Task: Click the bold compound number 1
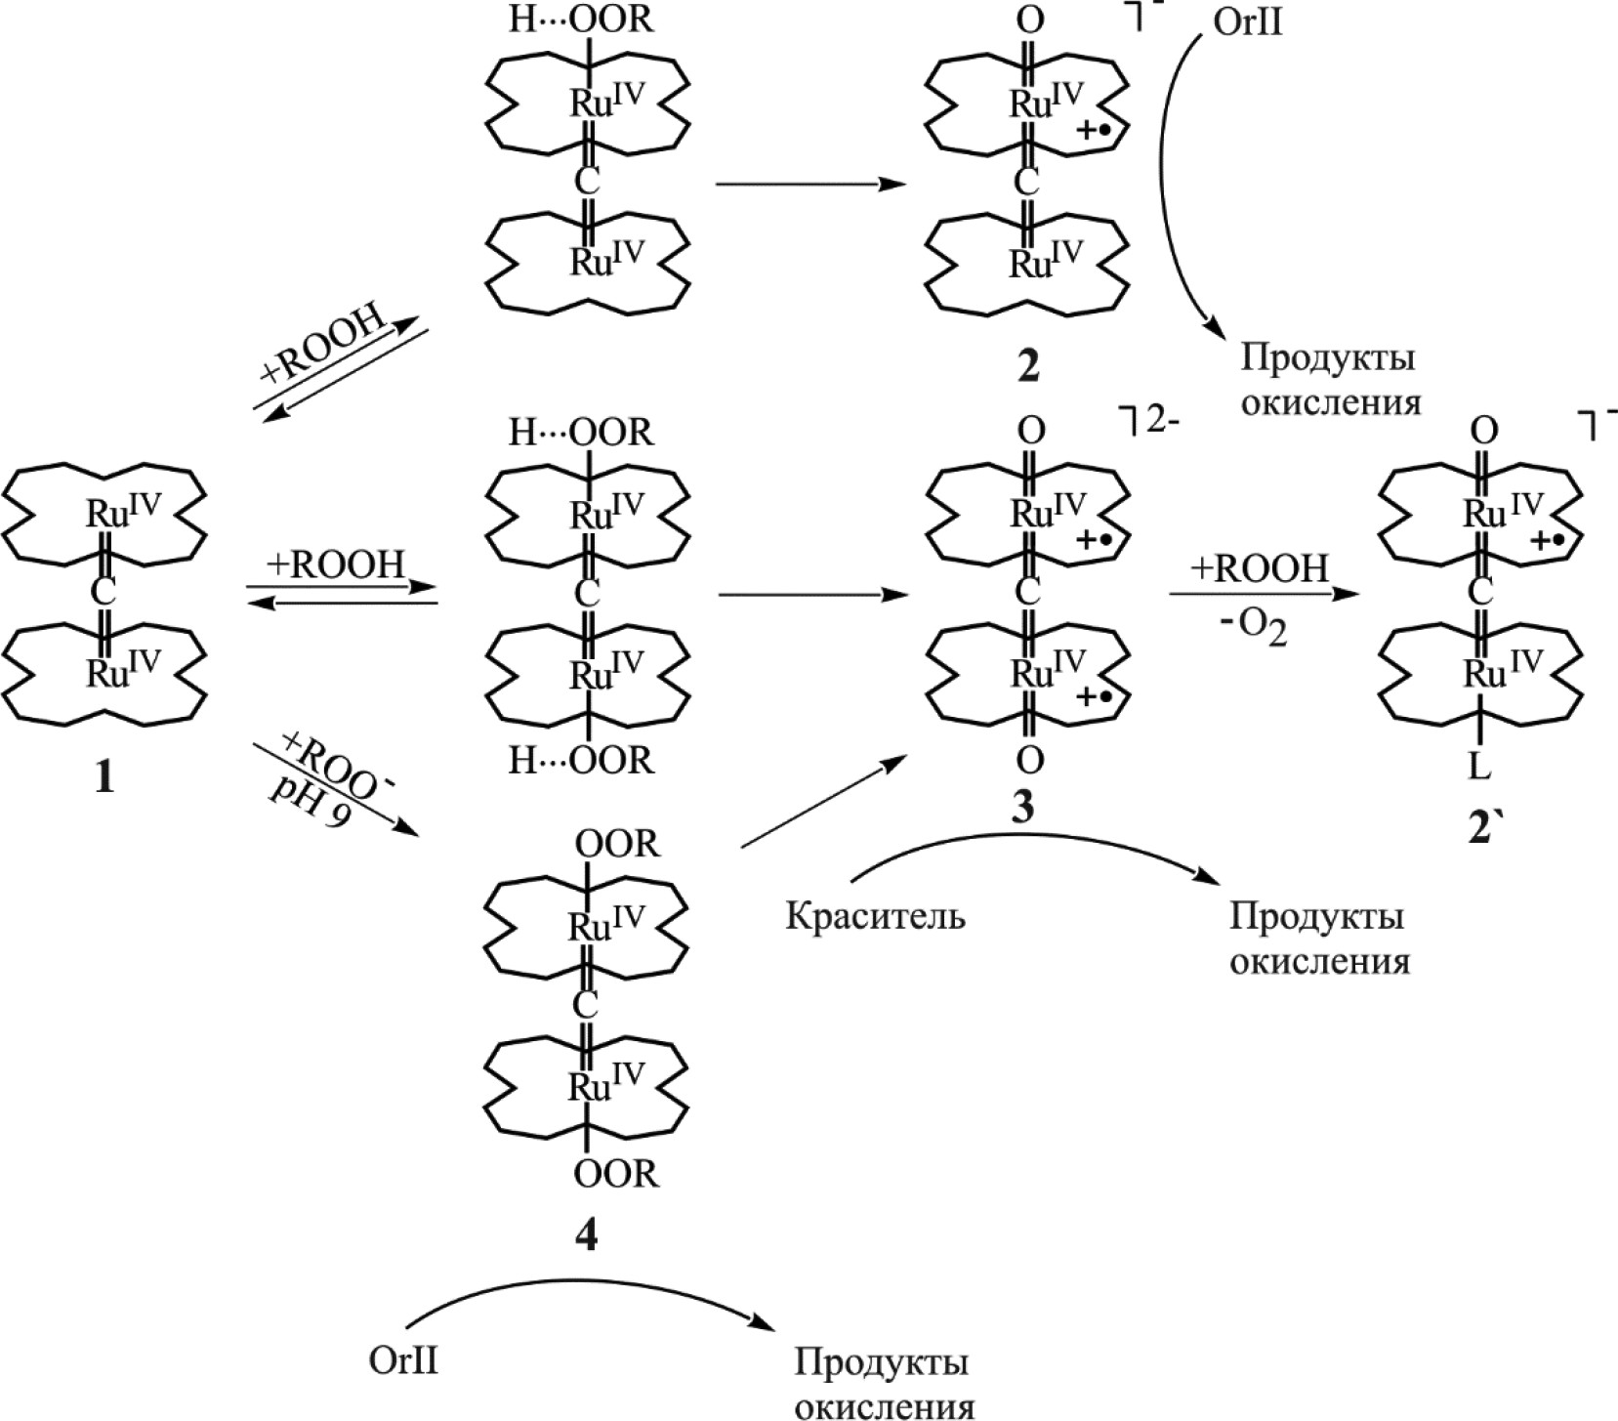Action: click(104, 777)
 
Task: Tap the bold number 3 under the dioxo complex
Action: click(1022, 807)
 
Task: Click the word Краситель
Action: click(875, 917)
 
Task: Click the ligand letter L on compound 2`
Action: click(1479, 769)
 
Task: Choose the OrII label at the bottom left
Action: click(404, 1360)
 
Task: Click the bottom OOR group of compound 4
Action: click(616, 1173)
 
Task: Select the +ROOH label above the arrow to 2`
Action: click(1260, 568)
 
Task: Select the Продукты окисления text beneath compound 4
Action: click(883, 1381)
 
